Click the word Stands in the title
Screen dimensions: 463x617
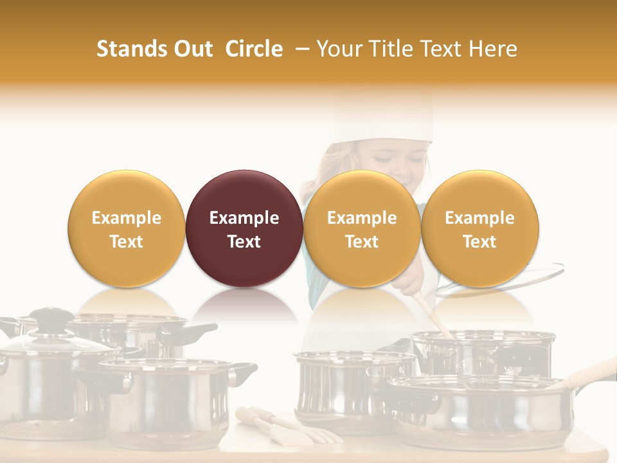click(x=132, y=49)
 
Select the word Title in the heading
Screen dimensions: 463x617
click(x=389, y=49)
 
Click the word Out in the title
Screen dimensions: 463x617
click(x=193, y=49)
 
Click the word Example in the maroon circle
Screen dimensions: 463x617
click(x=244, y=218)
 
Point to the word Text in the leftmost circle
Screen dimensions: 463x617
click(x=126, y=242)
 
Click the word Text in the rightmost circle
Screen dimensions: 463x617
click(x=479, y=242)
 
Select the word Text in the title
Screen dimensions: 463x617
click(x=439, y=49)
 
